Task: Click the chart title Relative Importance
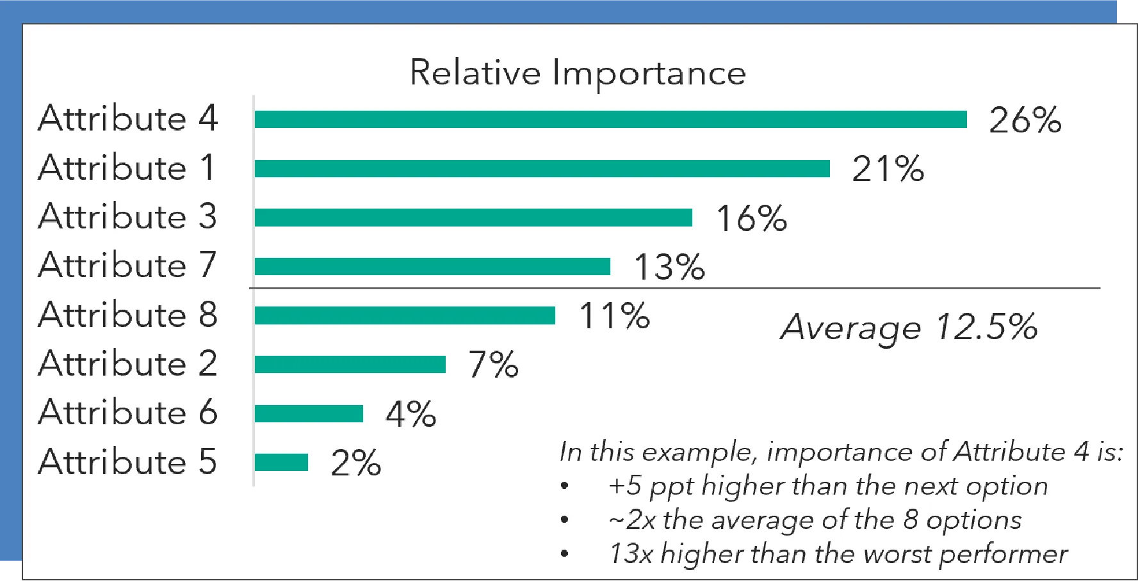578,72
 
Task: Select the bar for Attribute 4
610,119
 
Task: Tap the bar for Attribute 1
542,168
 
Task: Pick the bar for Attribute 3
473,218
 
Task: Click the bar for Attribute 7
432,266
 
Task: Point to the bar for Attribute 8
405,315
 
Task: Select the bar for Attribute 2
350,364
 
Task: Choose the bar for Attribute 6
309,413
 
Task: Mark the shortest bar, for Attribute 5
281,462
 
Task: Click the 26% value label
1025,120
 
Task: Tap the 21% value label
888,170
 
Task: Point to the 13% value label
669,267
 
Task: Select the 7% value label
493,365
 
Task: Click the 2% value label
356,463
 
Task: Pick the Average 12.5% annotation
909,327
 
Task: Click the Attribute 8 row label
128,315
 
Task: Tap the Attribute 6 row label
128,413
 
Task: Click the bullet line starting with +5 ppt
827,486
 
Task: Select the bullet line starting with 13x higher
838,554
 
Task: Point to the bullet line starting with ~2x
815,520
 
